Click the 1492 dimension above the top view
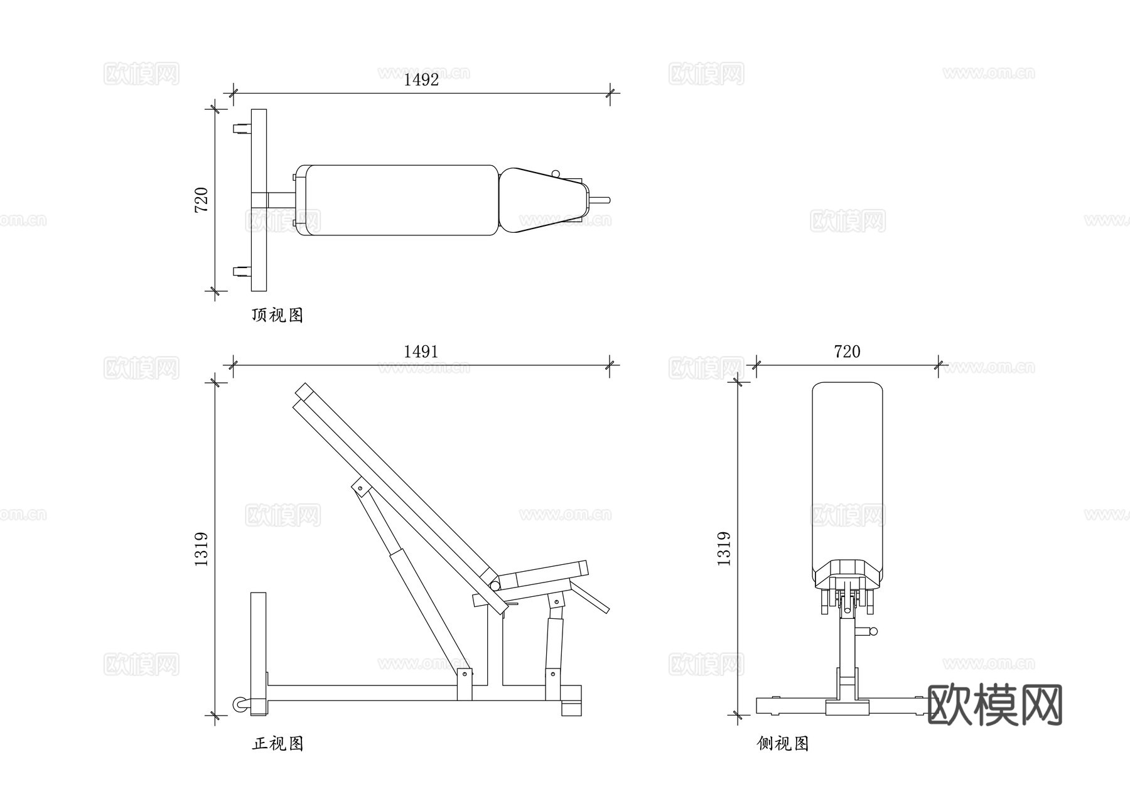421,80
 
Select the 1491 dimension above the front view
421,352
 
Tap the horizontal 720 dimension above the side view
847,352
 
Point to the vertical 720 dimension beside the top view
202,200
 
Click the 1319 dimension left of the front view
202,549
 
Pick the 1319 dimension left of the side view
724,549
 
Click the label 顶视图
277,315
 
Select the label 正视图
277,744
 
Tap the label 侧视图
783,744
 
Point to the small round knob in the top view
555,174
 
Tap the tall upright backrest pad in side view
847,477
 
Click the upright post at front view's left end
258,653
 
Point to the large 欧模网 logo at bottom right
994,705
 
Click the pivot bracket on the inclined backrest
360,486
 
